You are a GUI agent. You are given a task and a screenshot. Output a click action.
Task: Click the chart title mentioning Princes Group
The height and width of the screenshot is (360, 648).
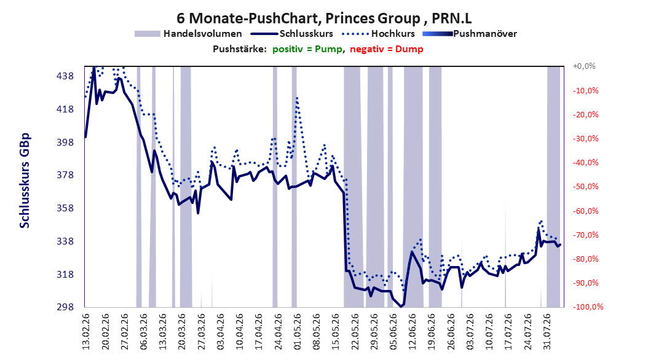[324, 18]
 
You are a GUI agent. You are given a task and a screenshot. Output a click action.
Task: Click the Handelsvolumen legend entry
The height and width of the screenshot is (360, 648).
[189, 34]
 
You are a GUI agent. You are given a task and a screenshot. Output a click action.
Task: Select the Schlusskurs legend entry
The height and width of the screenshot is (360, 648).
[292, 34]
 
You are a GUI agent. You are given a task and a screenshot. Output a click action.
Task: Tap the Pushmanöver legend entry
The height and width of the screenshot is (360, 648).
[470, 34]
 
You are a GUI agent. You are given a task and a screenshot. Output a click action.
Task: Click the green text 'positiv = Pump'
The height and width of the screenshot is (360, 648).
[307, 49]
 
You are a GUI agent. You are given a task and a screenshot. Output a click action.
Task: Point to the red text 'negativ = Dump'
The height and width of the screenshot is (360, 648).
[387, 49]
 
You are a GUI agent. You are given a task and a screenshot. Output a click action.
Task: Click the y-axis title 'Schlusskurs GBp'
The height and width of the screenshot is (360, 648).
[25, 181]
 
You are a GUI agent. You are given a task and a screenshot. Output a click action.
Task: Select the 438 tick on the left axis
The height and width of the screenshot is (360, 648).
[65, 76]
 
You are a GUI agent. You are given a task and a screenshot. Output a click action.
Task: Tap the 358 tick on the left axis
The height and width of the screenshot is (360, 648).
[65, 208]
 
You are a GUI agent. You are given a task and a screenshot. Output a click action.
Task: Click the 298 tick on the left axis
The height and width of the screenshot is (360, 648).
[65, 307]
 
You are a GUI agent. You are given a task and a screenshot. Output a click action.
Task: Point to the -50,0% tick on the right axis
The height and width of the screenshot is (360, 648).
[585, 187]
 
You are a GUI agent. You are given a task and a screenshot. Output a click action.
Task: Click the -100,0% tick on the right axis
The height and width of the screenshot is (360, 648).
[588, 307]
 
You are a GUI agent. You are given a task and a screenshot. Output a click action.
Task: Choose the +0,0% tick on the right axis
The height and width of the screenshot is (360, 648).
[584, 66]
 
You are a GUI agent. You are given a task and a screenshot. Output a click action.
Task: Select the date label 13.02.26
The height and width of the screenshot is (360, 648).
[86, 332]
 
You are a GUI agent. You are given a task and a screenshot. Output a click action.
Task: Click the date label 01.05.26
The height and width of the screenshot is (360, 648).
[297, 332]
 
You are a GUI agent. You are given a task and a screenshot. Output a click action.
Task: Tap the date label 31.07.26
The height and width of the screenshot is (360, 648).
[547, 332]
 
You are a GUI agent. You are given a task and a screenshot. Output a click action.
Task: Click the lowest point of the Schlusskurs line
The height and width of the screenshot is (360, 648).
[400, 307]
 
